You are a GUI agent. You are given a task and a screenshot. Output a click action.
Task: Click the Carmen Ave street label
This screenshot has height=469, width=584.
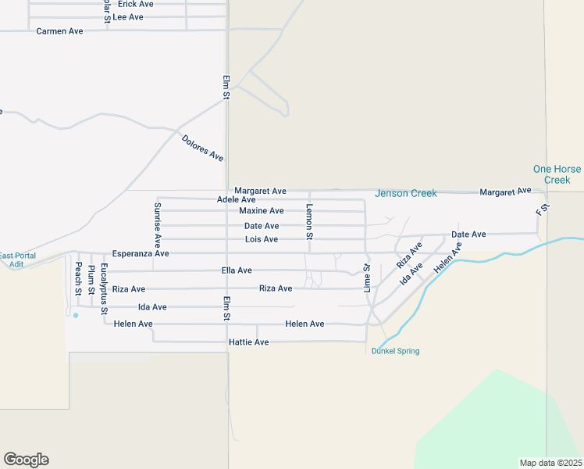pyautogui.click(x=59, y=31)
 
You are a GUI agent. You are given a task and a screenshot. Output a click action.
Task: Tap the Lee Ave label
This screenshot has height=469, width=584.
pyautogui.click(x=128, y=16)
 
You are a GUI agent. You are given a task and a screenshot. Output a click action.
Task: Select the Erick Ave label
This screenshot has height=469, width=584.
pyautogui.click(x=136, y=4)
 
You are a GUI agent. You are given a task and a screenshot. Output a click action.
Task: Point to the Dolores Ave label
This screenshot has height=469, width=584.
pyautogui.click(x=202, y=148)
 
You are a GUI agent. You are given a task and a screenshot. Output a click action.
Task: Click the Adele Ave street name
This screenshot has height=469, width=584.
pyautogui.click(x=237, y=200)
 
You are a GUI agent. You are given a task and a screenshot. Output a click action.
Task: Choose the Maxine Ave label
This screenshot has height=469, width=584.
pyautogui.click(x=262, y=211)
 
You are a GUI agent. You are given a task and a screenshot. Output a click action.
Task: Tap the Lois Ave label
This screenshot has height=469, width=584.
pyautogui.click(x=262, y=239)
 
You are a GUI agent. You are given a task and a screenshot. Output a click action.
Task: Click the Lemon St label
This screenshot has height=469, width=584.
pyautogui.click(x=309, y=221)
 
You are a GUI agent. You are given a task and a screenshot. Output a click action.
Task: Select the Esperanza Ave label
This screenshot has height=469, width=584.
pyautogui.click(x=141, y=254)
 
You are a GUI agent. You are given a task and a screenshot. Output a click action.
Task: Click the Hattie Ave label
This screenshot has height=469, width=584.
pyautogui.click(x=248, y=342)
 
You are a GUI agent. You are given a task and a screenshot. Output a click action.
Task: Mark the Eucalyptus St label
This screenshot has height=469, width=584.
pyautogui.click(x=104, y=288)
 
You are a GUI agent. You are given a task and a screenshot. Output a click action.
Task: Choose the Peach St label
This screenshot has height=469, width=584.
pyautogui.click(x=78, y=278)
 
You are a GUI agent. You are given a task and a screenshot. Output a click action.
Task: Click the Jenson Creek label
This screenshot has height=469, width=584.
pyautogui.click(x=405, y=193)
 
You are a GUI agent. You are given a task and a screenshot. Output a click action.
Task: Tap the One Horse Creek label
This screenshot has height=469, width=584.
pyautogui.click(x=557, y=174)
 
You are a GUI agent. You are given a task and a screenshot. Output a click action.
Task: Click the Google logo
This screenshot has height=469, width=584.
pyautogui.click(x=26, y=460)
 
